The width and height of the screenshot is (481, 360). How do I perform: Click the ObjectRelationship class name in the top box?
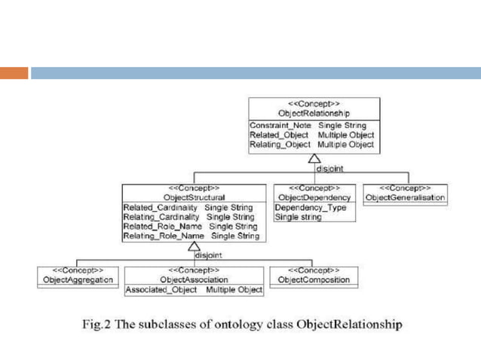click(314, 112)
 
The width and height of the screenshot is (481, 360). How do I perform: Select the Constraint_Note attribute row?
click(308, 125)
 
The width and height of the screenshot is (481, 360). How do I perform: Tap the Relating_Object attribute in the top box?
click(311, 144)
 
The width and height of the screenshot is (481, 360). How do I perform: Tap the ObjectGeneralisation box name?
click(405, 197)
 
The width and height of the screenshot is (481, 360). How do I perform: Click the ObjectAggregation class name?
click(78, 279)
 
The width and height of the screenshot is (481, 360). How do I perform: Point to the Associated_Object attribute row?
click(194, 289)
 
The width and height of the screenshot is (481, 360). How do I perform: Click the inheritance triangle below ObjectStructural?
click(194, 246)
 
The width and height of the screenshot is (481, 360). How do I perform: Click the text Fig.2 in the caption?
click(96, 325)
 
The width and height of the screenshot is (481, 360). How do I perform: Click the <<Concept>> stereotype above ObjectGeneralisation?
click(405, 188)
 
